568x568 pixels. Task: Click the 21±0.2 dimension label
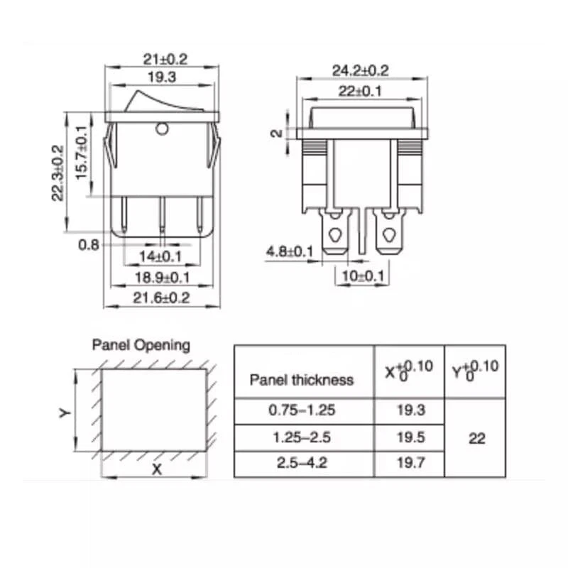163,59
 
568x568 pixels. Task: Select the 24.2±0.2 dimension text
360,70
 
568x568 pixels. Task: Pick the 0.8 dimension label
88,244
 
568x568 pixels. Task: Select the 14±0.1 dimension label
160,256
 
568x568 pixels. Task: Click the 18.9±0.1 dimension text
162,278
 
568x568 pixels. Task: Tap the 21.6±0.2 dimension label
162,298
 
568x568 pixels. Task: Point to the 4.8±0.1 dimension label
290,251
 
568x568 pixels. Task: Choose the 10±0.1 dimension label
364,276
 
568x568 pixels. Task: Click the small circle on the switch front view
162,129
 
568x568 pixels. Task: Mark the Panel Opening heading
141,345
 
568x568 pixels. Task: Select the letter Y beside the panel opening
63,412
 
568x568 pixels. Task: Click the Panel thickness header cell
301,380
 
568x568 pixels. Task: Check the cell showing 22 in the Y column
477,438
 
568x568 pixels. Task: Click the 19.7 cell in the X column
409,464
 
